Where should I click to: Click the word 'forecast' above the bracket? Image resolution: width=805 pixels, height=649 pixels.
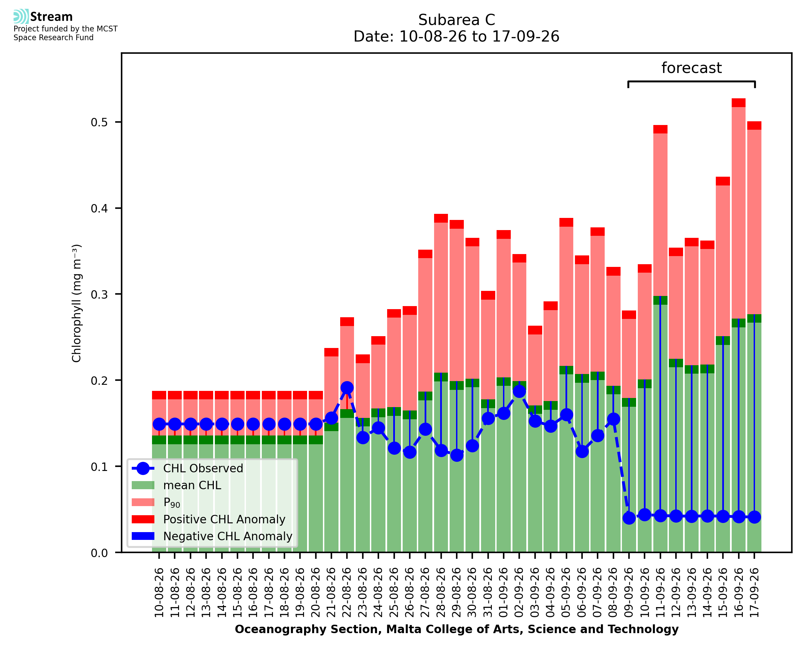click(x=691, y=68)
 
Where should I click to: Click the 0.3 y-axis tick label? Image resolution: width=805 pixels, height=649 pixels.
click(x=99, y=294)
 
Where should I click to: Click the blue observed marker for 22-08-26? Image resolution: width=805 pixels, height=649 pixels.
click(x=347, y=388)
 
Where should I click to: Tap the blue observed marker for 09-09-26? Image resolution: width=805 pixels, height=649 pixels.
click(x=629, y=518)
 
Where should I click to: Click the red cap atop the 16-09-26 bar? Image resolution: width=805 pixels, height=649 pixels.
click(x=738, y=103)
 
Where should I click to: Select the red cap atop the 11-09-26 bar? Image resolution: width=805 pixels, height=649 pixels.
click(x=660, y=129)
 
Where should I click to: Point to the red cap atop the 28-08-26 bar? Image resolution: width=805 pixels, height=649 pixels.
click(x=441, y=218)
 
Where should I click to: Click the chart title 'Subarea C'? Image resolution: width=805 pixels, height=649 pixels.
click(x=456, y=20)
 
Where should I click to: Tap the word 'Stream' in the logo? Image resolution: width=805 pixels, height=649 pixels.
click(x=51, y=17)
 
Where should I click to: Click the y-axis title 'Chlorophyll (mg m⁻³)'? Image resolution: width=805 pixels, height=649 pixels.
click(x=76, y=303)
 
